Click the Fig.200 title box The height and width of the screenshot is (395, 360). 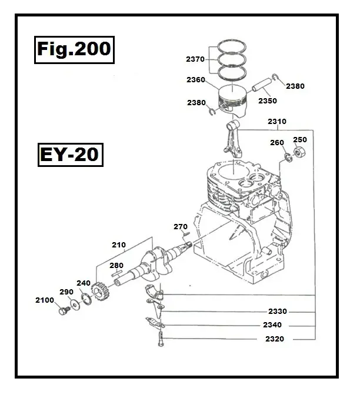point(72,49)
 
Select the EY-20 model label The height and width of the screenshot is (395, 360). point(69,156)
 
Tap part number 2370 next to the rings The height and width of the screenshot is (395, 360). point(195,59)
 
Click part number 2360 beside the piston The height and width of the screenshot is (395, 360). point(195,80)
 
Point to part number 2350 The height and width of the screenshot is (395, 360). point(268,101)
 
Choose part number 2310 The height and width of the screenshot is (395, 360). point(276,122)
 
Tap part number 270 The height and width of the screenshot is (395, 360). point(180,226)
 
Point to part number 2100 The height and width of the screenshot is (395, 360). point(44,300)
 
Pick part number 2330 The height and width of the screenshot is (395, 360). point(277,312)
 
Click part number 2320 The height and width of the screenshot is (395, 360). point(275,339)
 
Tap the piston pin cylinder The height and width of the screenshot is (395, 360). point(259,86)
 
